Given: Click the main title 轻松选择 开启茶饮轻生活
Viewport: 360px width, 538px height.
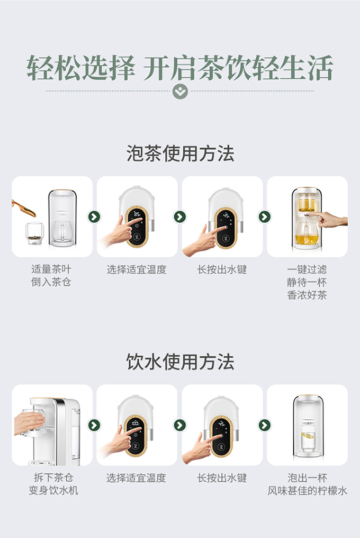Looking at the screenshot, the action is [180, 68].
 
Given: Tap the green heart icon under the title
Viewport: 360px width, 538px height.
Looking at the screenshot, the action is [180, 91].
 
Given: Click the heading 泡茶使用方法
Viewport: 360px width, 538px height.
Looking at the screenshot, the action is [180, 153].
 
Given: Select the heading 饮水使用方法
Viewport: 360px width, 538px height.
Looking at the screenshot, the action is [180, 362].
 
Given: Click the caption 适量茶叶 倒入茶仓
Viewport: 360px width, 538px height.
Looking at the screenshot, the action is [51, 276].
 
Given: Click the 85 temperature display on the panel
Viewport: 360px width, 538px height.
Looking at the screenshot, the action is [137, 214].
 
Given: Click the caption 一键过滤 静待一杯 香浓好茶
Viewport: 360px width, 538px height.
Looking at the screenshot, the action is [307, 282].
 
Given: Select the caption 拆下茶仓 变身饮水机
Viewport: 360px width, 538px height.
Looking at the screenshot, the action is [53, 484].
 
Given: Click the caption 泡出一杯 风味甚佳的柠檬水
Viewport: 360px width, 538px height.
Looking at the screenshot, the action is [307, 484].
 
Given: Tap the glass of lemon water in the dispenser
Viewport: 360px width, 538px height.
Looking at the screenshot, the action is [307, 438].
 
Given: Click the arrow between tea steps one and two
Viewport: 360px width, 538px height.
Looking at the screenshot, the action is [94, 217].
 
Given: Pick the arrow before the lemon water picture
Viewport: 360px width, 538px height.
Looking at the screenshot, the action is [264, 425].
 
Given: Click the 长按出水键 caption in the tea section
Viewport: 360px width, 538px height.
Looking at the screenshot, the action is [222, 269].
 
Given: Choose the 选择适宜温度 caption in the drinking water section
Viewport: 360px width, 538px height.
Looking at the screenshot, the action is [136, 478].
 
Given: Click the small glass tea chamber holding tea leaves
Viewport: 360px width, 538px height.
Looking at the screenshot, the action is [35, 233].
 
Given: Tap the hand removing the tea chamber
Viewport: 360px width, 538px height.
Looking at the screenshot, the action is [29, 423].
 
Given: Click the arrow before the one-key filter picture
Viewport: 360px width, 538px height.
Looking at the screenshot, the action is [264, 217].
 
